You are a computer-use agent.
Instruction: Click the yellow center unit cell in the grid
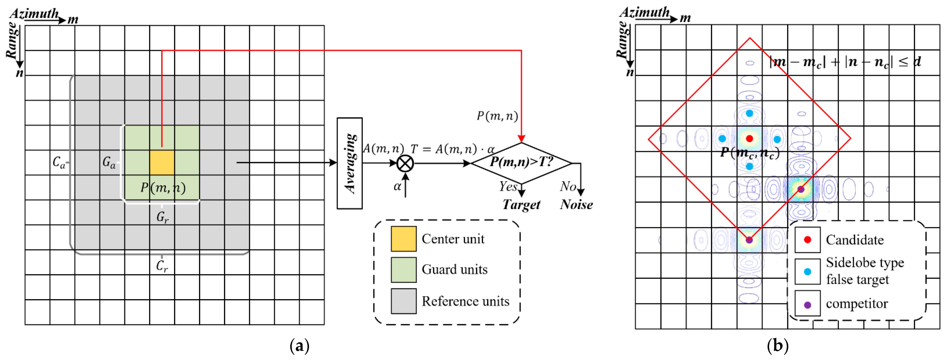[162, 162]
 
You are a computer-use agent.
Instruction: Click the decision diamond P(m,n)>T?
[521, 163]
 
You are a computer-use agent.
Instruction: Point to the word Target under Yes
[521, 205]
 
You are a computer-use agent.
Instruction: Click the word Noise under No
[576, 205]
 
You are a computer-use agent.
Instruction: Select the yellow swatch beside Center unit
[404, 239]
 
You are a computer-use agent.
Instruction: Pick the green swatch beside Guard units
[404, 270]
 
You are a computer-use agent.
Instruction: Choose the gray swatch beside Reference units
[404, 301]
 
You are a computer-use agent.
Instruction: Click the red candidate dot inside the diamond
[749, 138]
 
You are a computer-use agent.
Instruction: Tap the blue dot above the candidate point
[749, 113]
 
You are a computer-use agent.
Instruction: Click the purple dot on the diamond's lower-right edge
[801, 189]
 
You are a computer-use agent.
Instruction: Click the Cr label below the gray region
[162, 266]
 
